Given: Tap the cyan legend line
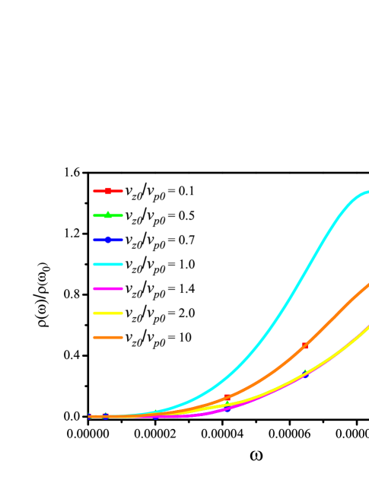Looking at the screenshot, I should point(108,264).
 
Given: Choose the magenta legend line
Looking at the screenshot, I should point(108,288).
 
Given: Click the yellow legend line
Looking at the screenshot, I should point(108,313).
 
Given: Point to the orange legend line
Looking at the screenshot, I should point(108,337).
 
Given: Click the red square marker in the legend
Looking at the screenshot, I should point(108,191).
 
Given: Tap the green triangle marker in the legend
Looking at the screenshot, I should point(108,215).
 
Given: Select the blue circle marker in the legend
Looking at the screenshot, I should point(108,240).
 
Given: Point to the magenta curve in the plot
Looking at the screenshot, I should point(190,415).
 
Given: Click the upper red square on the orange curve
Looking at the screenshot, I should point(304,345).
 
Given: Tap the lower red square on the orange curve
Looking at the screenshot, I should point(227,397).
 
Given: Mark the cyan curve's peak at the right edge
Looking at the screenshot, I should point(367,192).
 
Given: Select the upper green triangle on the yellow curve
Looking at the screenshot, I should point(306,373).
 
